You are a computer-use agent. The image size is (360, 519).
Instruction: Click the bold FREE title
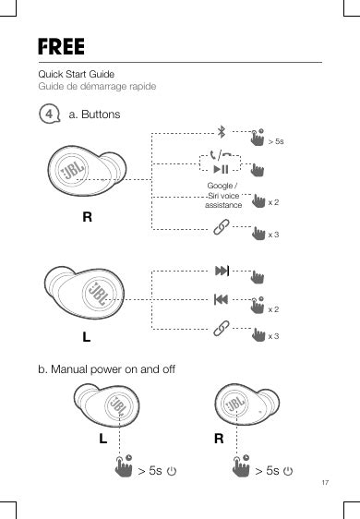[61, 46]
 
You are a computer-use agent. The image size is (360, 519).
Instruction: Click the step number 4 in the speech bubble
[49, 114]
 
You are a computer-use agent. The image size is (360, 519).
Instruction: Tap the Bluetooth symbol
[222, 131]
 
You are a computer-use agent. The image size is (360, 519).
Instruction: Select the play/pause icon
[221, 170]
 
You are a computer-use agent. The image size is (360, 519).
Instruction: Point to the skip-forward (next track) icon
[222, 271]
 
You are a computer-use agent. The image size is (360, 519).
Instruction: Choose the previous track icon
[221, 299]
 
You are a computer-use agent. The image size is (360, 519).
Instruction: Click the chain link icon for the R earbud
[222, 227]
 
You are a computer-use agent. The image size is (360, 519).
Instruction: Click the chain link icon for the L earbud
[222, 328]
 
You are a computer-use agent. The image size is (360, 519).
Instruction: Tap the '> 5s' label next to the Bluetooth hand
[276, 141]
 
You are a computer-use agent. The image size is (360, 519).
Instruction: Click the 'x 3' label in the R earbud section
[273, 235]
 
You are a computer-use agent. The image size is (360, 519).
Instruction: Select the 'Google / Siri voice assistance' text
[223, 195]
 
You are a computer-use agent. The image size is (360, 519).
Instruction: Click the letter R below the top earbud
[87, 217]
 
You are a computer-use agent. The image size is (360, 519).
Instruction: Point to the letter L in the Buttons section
[87, 337]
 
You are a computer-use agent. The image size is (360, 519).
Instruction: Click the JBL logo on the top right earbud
[73, 170]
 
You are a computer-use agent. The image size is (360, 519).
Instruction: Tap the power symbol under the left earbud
[172, 471]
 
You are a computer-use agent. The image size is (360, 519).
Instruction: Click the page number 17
[325, 482]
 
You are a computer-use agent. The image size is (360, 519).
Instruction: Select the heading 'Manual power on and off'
[113, 369]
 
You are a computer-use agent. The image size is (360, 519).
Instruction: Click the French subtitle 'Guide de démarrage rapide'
[97, 87]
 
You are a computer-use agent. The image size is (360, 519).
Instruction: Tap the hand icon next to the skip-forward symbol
[258, 277]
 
